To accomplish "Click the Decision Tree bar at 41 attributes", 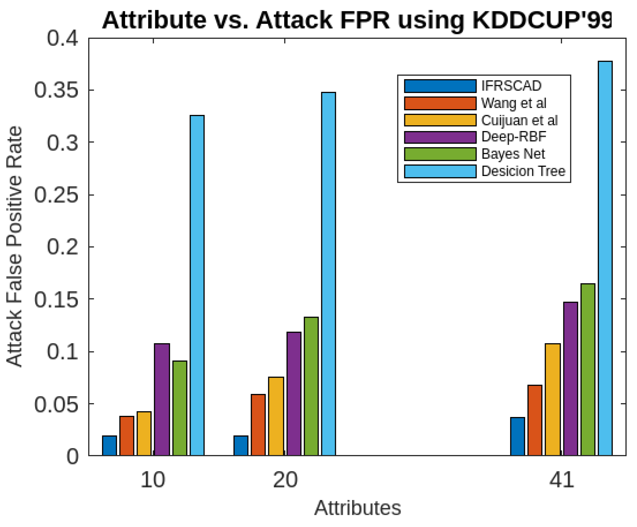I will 605,258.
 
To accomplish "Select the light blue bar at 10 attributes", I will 197,285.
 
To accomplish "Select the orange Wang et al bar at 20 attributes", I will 258,424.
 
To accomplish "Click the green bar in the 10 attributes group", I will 179,408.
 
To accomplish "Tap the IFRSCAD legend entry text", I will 511,86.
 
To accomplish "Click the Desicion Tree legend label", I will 523,171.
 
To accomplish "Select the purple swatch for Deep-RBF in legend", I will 440,137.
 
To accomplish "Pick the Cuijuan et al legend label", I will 519,120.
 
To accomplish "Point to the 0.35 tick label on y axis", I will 56,90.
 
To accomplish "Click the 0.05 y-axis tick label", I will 56,404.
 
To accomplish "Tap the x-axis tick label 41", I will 562,480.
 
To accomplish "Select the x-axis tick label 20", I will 285,480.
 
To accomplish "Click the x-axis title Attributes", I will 357,508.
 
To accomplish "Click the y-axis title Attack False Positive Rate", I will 15,246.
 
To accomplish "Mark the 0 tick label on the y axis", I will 72,456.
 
